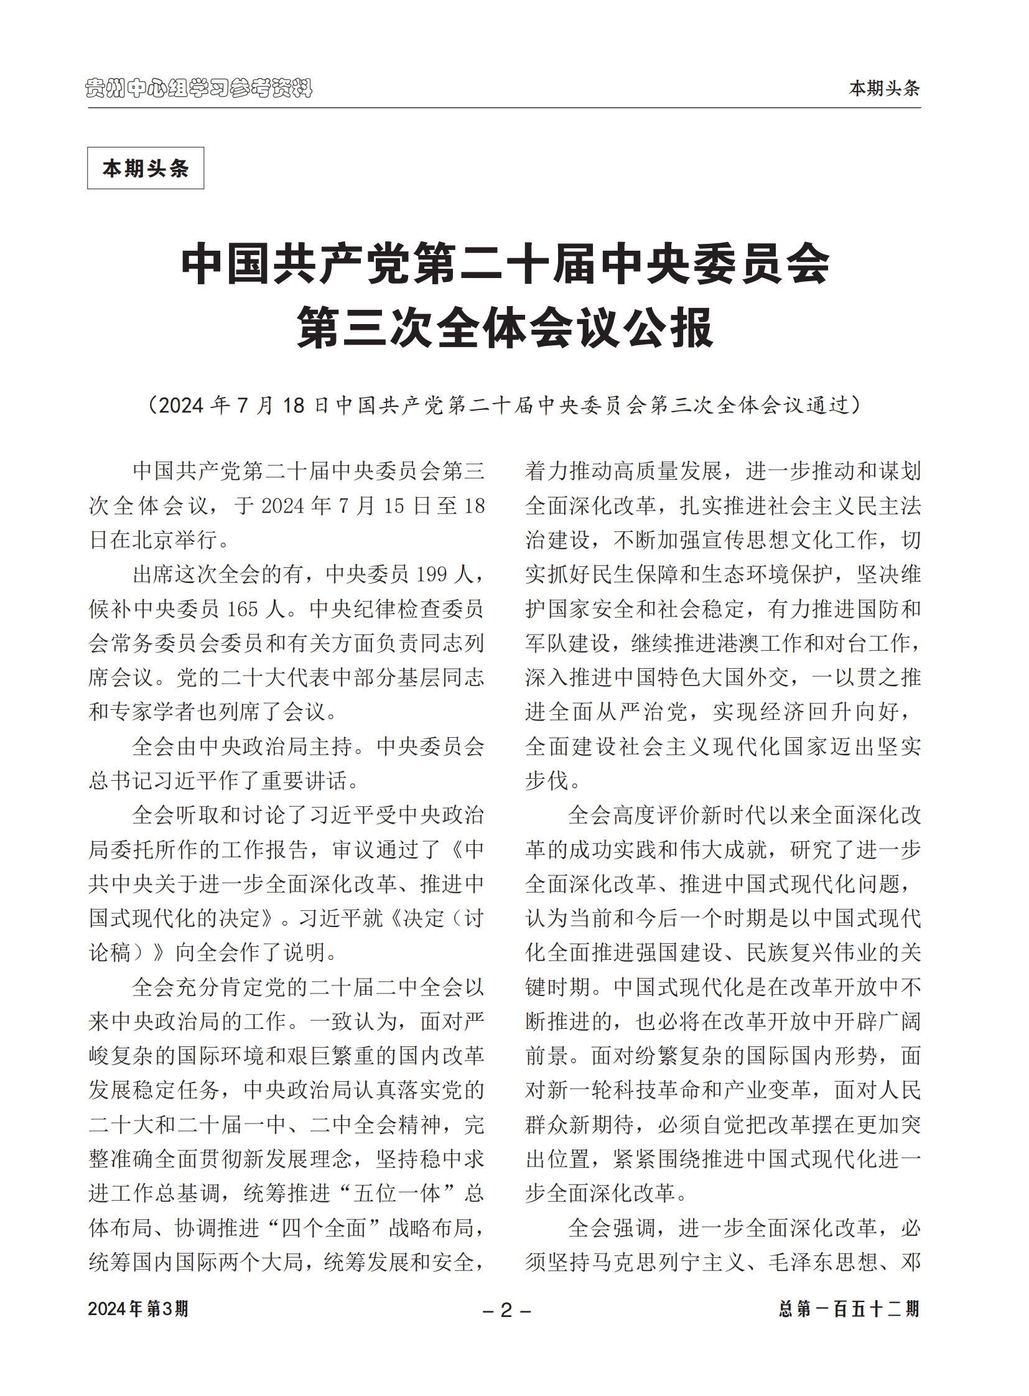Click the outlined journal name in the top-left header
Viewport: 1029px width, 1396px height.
[x=198, y=88]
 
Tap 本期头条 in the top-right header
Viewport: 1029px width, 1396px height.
[x=884, y=88]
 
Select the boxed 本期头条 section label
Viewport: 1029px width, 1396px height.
[x=145, y=168]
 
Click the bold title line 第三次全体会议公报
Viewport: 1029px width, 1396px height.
[x=505, y=328]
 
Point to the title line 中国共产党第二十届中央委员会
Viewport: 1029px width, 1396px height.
[x=505, y=264]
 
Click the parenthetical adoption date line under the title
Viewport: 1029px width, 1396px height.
[x=505, y=406]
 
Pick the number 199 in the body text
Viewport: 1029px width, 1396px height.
[x=431, y=574]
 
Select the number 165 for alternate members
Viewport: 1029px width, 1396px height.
[x=241, y=608]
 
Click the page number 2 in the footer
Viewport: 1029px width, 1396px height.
[x=506, y=1310]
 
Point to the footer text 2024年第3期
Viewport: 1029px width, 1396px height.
[x=137, y=1309]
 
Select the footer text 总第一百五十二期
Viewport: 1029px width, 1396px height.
[x=849, y=1309]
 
